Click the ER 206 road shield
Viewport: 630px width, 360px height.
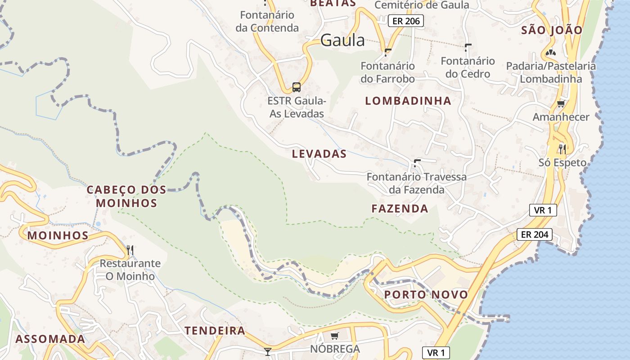(406, 21)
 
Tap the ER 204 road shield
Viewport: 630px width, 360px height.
(534, 234)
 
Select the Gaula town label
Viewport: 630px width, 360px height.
(342, 40)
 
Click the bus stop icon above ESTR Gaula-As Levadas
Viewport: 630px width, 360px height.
(296, 87)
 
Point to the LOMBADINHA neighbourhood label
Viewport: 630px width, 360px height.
(408, 101)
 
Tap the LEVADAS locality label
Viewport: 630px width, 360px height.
(319, 154)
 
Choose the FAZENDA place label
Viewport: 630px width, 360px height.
(400, 208)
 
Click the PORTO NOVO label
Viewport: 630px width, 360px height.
(426, 295)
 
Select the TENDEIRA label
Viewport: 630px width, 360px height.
(215, 331)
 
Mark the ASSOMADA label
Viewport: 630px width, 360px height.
(50, 339)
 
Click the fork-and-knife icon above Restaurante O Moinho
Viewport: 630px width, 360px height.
(130, 250)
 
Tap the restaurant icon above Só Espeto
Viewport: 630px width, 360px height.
(562, 149)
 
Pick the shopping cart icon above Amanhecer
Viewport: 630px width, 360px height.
(561, 104)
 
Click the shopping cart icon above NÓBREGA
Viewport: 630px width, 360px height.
(334, 336)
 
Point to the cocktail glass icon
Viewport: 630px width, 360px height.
(268, 351)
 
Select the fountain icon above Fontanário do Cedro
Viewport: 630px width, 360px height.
(468, 47)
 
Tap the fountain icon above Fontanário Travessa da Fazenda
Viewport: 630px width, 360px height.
(417, 162)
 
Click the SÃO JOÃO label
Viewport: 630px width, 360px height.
(552, 30)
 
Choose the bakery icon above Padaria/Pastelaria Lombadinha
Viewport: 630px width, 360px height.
(550, 53)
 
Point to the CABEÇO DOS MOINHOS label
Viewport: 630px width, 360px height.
(126, 196)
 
